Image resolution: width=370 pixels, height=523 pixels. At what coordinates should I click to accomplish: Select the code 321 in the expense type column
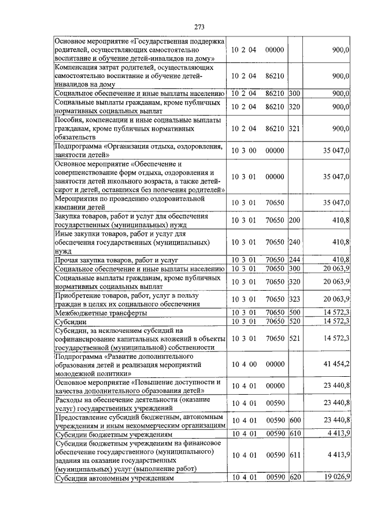294,128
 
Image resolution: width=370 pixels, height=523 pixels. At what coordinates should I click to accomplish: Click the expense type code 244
294,259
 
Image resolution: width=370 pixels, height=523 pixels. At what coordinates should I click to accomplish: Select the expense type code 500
294,313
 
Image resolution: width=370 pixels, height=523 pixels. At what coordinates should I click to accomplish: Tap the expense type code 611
294,455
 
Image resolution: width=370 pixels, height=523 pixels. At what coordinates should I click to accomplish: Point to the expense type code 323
294,299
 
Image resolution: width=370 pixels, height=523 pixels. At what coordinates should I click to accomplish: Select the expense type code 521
294,337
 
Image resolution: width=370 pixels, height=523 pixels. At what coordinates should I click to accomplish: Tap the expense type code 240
294,242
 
